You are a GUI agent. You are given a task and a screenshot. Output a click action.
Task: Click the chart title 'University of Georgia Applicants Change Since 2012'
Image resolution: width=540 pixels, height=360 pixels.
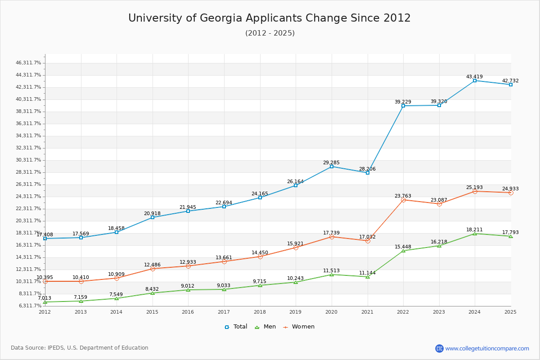pyautogui.click(x=270, y=18)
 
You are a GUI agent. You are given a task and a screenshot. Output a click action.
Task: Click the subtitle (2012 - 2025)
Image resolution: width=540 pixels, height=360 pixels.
pyautogui.click(x=270, y=33)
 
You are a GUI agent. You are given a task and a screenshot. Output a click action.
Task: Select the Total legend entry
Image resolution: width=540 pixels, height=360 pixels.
pyautogui.click(x=236, y=327)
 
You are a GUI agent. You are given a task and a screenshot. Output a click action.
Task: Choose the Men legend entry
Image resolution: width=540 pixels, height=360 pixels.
pyautogui.click(x=266, y=327)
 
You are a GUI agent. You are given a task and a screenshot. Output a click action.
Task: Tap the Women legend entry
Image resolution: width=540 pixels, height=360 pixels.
pyautogui.click(x=299, y=327)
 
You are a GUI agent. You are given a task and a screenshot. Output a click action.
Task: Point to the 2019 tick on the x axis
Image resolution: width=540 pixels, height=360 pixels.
pyautogui.click(x=296, y=311)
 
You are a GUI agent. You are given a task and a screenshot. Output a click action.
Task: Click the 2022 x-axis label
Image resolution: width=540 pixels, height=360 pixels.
pyautogui.click(x=403, y=311)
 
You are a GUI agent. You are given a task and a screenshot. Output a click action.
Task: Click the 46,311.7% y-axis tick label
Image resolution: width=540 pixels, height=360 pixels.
pyautogui.click(x=28, y=63)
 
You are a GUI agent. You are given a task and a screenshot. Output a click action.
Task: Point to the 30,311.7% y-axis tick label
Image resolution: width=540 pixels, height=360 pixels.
pyautogui.click(x=28, y=160)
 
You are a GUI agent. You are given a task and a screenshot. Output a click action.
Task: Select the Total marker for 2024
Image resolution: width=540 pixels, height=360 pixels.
pyautogui.click(x=475, y=81)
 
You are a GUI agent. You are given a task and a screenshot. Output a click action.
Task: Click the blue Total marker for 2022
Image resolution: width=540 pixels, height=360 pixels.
pyautogui.click(x=403, y=106)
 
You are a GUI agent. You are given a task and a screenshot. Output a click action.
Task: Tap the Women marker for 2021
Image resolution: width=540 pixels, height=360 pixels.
pyautogui.click(x=368, y=241)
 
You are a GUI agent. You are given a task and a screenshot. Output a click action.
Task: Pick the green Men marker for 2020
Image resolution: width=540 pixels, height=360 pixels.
pyautogui.click(x=332, y=274)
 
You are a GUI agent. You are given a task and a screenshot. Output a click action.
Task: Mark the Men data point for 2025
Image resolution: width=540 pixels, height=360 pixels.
pyautogui.click(x=511, y=236)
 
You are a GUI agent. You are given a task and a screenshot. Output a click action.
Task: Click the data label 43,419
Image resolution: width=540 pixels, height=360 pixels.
pyautogui.click(x=474, y=76)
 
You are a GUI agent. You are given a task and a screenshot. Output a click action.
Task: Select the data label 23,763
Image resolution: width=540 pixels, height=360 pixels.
pyautogui.click(x=403, y=196)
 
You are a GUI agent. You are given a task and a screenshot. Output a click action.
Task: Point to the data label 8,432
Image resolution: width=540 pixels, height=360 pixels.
pyautogui.click(x=152, y=289)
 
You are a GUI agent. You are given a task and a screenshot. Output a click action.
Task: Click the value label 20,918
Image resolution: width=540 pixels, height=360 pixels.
pyautogui.click(x=152, y=213)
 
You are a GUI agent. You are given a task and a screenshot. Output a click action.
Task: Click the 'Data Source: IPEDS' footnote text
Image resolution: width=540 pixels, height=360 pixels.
pyautogui.click(x=80, y=348)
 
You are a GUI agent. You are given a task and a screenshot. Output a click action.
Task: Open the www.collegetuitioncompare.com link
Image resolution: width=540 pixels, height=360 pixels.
pyautogui.click(x=487, y=348)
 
